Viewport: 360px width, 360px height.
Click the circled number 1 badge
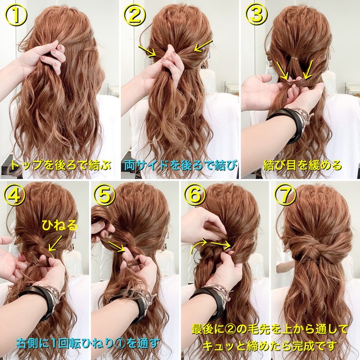16,15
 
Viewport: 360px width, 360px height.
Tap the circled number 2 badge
134,15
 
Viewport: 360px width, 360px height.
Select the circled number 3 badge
256,15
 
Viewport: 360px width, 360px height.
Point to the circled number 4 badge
14,196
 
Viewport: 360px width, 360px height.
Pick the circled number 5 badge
105,196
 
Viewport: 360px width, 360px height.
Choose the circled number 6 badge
195,196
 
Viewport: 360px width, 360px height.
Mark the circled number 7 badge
285,196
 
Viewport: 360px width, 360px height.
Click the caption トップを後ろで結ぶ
61,165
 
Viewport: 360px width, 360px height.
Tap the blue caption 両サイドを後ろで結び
181,165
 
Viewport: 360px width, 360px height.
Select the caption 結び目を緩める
303,165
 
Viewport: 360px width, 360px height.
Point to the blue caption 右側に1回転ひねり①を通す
88,344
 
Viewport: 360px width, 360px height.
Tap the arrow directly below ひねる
55,242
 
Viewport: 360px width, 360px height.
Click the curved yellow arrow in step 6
198,246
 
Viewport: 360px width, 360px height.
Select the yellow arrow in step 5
116,246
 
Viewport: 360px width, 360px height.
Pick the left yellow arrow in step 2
147,51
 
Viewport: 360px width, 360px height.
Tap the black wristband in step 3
289,123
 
